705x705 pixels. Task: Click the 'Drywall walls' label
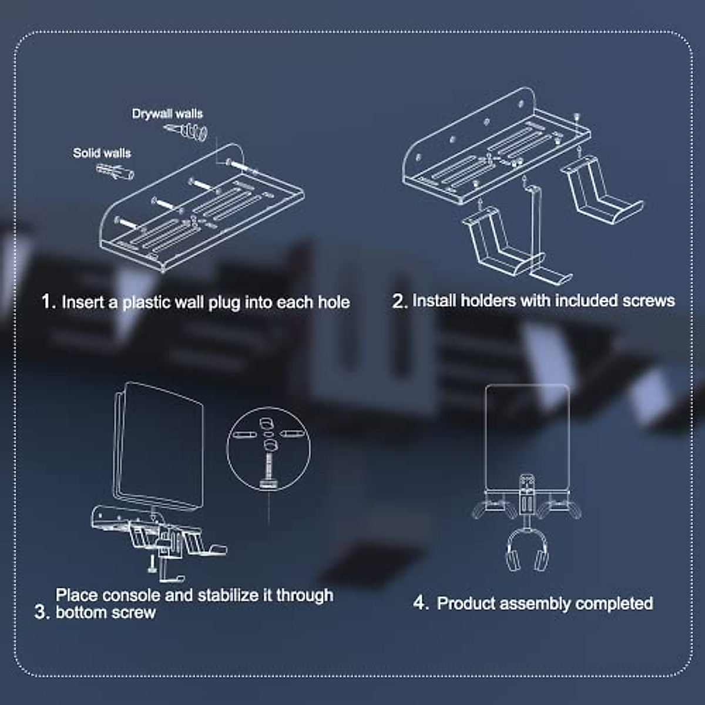(x=167, y=113)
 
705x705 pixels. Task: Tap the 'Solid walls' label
(x=102, y=153)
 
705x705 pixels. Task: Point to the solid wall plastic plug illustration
(x=115, y=172)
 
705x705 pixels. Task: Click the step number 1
(x=47, y=302)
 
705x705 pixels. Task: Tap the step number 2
(x=398, y=301)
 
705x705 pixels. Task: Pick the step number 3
(x=41, y=612)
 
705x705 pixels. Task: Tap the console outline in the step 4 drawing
(x=527, y=435)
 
